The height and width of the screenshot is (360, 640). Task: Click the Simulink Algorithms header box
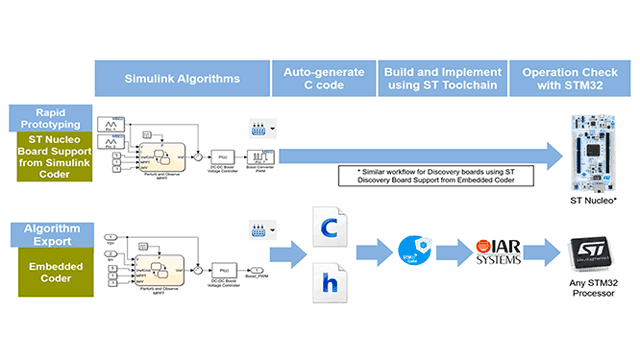(x=182, y=78)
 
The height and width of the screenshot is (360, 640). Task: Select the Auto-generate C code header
(x=322, y=78)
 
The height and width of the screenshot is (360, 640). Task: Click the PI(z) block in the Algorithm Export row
(x=227, y=270)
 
